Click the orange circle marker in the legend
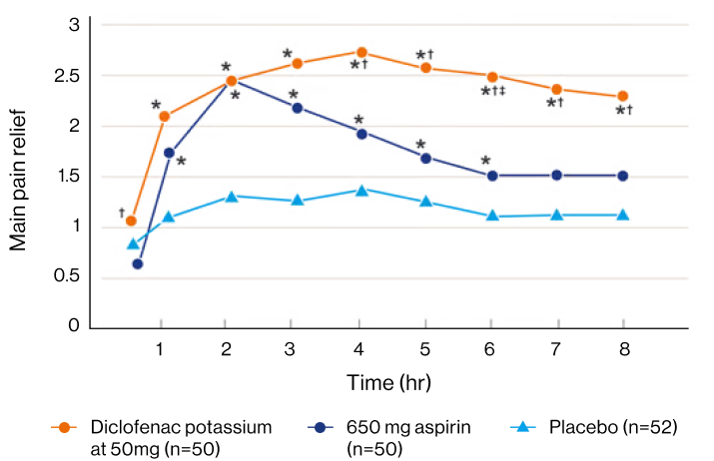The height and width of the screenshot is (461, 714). [x=64, y=427]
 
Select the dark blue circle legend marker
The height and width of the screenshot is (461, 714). [x=320, y=427]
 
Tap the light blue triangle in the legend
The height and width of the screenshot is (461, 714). [x=521, y=427]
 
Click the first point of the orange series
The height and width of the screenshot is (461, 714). [x=131, y=221]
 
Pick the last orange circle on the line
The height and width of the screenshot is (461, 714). [x=623, y=95]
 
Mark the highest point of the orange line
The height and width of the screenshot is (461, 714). [x=361, y=52]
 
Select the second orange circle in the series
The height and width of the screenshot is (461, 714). [x=165, y=116]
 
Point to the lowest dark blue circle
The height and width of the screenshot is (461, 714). [x=137, y=264]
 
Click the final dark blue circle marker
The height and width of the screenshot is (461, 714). [x=623, y=176]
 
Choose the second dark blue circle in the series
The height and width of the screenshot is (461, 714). [x=169, y=153]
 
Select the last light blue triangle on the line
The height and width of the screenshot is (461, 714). [x=623, y=214]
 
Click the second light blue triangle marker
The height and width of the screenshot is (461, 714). [x=169, y=215]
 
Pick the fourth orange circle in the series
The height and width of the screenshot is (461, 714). [x=297, y=63]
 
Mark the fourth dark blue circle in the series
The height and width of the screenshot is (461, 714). [x=297, y=107]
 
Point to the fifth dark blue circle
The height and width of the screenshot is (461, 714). [x=361, y=134]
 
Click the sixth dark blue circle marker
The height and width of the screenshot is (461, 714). [x=425, y=158]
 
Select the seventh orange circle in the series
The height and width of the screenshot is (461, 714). [x=491, y=77]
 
